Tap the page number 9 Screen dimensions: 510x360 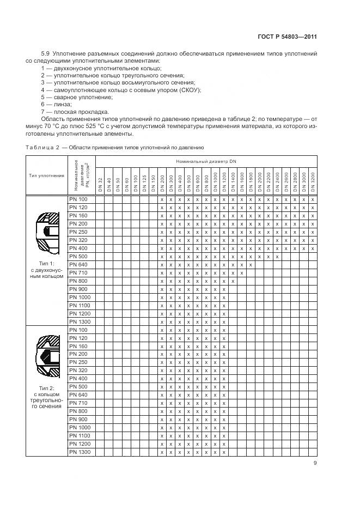point(315,463)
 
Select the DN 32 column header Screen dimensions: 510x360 point(100,184)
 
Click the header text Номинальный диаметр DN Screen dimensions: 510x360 point(206,161)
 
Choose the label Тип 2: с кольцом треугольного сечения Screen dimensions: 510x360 point(47,397)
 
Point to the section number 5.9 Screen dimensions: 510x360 point(46,53)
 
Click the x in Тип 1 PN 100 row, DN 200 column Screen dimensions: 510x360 point(162,199)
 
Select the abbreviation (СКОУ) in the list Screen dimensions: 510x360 point(189,89)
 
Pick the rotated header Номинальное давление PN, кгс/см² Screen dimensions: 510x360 point(81,175)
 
